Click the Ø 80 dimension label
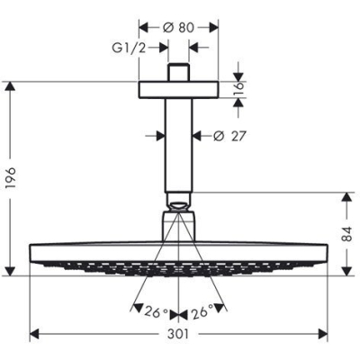(180, 27)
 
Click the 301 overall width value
(180, 335)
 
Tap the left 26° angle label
(155, 312)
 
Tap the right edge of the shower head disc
(328, 251)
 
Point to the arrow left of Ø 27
(157, 136)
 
